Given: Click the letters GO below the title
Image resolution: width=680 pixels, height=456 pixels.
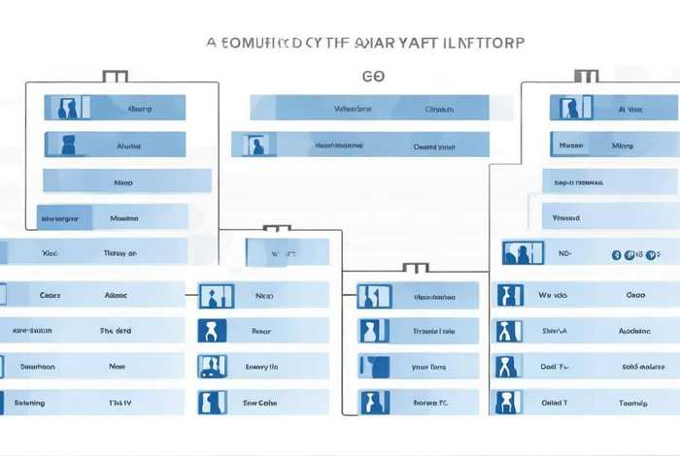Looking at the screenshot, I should coord(372,74).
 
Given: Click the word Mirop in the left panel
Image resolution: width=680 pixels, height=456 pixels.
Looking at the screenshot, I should coord(123,181).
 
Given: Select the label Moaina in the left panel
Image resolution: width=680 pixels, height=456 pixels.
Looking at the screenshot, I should coord(123,218).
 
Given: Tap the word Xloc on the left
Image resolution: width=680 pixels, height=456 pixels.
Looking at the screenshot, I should coord(51,252).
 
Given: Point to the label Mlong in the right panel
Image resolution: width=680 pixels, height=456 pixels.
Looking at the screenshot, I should coord(623,146).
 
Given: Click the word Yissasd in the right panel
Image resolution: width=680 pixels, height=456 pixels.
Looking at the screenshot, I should coord(566,218).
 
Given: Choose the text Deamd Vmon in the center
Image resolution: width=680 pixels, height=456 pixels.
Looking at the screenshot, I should coord(434,147).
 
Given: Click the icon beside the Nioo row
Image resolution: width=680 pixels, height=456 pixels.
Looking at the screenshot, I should coord(212,296).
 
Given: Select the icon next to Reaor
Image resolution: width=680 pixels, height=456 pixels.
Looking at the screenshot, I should coord(212,331).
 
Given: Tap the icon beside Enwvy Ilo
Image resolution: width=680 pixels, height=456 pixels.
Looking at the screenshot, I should coord(212,367).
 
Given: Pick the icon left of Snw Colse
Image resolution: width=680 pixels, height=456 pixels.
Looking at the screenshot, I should coord(212,402).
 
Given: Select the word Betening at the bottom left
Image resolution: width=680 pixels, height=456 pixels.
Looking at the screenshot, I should coord(29,402).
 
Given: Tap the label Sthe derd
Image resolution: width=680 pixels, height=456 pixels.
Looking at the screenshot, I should coord(116,331).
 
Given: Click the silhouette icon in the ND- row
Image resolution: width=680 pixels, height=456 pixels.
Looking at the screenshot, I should coord(517,254).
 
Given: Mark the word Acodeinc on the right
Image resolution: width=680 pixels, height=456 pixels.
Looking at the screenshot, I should coord(635,331).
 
